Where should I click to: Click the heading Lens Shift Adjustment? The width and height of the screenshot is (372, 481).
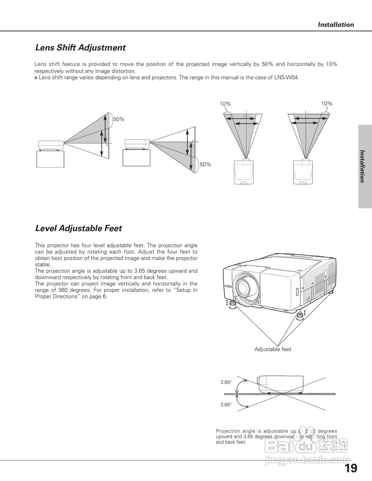click(80, 48)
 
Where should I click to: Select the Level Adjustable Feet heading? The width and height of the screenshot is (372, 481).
click(78, 228)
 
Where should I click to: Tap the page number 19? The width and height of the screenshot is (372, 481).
click(351, 468)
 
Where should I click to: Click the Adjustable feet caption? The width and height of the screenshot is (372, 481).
click(273, 349)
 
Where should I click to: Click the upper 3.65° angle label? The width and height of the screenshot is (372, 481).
click(226, 382)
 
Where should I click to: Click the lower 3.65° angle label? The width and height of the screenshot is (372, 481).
click(226, 405)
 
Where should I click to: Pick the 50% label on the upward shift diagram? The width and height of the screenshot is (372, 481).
click(118, 119)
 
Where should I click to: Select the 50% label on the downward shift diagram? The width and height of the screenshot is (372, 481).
click(205, 165)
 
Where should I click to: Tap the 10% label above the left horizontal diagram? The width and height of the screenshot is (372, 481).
click(225, 104)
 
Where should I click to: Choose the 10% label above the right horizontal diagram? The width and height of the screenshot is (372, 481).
click(326, 104)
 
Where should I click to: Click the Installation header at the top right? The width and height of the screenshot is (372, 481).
click(336, 25)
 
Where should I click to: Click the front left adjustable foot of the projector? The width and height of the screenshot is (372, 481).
click(233, 303)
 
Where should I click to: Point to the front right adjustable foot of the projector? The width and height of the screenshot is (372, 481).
click(300, 315)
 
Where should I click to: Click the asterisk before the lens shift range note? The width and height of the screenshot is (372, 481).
click(36, 78)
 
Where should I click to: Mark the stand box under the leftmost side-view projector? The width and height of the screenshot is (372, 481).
click(50, 159)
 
